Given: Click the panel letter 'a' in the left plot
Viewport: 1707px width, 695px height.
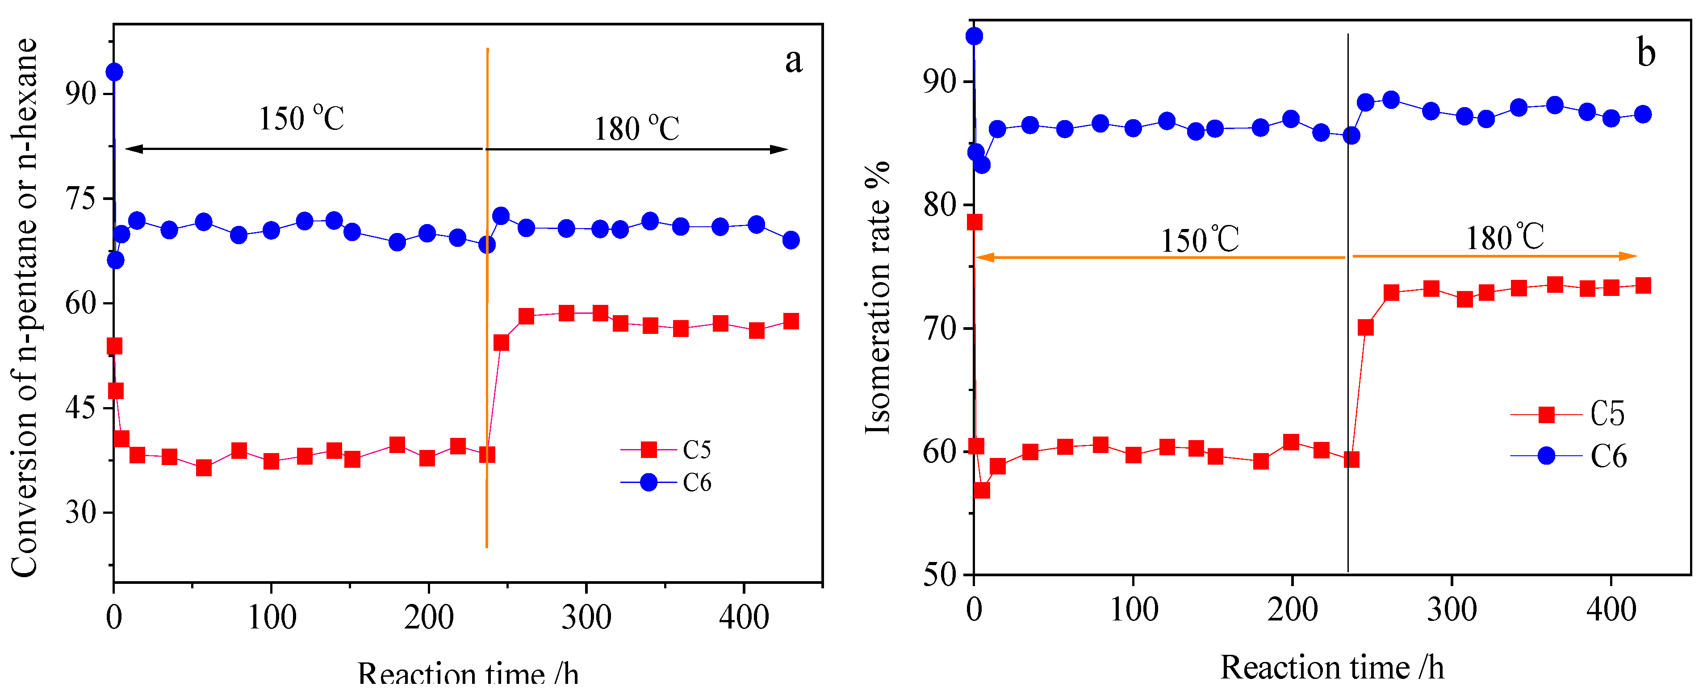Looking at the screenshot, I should click(x=793, y=61).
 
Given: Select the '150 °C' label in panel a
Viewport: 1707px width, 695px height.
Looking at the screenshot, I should click(x=301, y=119).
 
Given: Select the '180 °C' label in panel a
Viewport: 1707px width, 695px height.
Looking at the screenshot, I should click(x=636, y=129).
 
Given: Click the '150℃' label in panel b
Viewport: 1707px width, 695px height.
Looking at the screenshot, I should click(x=1199, y=240).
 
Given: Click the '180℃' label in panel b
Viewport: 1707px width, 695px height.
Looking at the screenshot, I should click(x=1504, y=237).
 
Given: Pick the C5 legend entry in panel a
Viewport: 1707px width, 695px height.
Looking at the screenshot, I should click(x=666, y=450).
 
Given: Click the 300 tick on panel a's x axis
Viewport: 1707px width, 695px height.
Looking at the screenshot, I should click(x=586, y=617).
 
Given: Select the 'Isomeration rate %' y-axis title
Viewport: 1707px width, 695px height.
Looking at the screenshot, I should click(x=879, y=298).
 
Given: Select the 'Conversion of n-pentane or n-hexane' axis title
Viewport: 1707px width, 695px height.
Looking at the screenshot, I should click(x=25, y=308).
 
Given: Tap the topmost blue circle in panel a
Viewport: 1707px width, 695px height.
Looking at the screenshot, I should click(x=115, y=71).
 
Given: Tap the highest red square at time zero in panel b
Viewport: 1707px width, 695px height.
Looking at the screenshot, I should click(x=974, y=222).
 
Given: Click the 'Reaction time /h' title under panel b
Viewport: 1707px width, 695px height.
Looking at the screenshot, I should click(x=1332, y=668).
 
